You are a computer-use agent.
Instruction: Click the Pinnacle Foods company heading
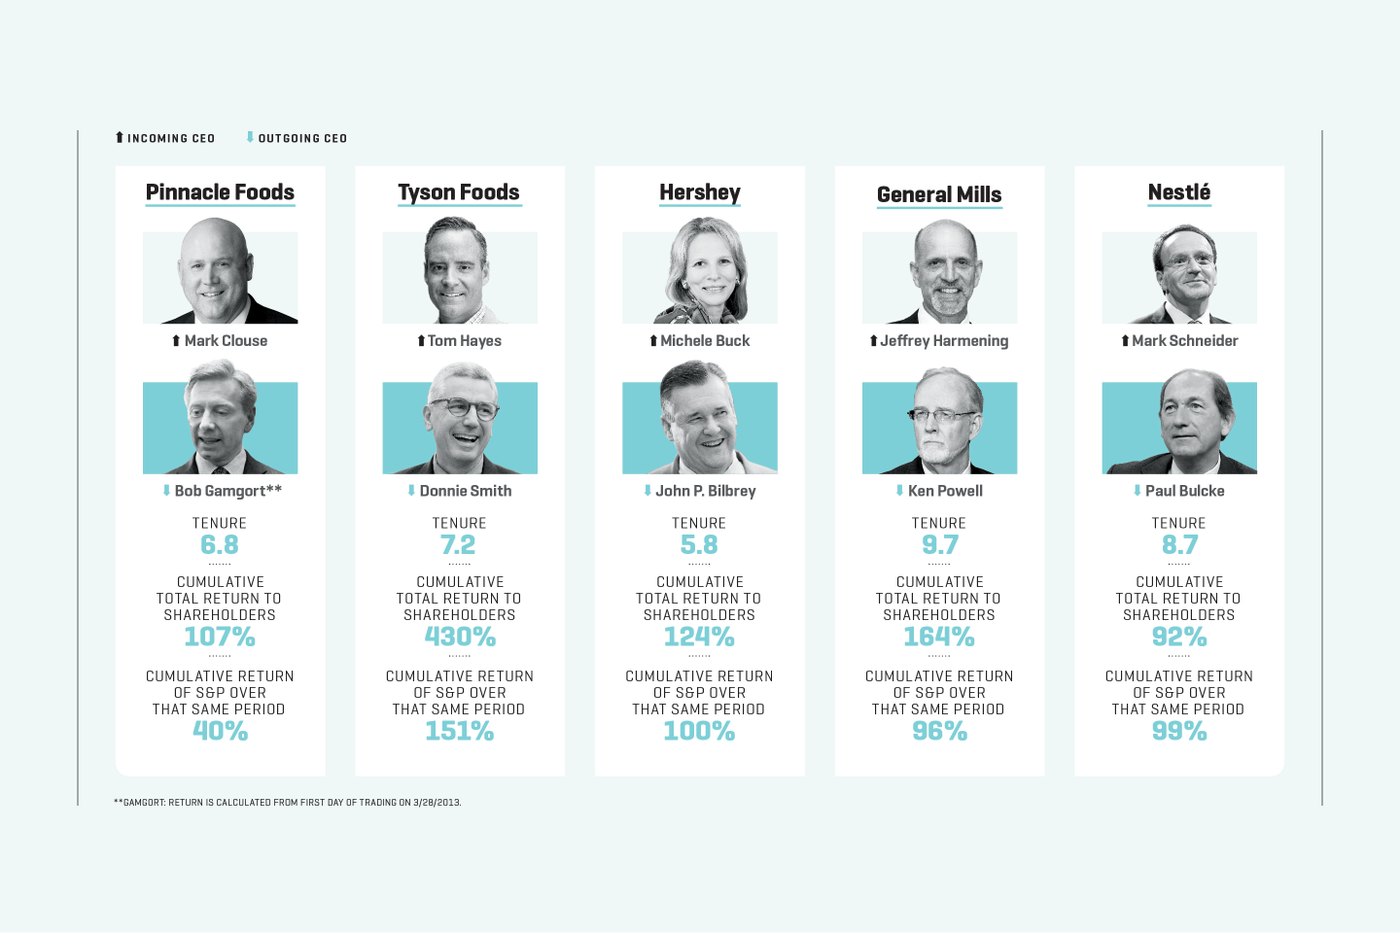220,192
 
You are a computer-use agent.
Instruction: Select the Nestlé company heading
1178,192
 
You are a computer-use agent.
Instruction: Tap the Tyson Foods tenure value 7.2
458,545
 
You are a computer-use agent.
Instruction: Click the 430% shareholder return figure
460,638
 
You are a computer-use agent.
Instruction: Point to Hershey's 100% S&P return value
699,732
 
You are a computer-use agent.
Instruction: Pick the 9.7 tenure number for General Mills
939,545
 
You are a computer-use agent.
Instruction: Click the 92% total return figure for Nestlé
1178,638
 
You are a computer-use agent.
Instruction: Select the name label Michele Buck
705,341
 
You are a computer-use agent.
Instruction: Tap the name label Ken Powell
945,492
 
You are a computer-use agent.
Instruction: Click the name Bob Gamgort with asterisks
227,492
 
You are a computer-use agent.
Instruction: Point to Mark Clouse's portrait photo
220,273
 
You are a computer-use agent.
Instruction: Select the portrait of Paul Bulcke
1178,423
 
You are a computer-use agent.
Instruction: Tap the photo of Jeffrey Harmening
939,273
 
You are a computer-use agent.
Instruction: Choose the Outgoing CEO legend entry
297,138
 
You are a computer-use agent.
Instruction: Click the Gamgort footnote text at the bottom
288,803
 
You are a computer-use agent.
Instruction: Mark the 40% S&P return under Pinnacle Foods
220,732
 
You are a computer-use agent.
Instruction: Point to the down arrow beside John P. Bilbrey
647,491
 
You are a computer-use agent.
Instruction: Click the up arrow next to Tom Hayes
421,341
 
